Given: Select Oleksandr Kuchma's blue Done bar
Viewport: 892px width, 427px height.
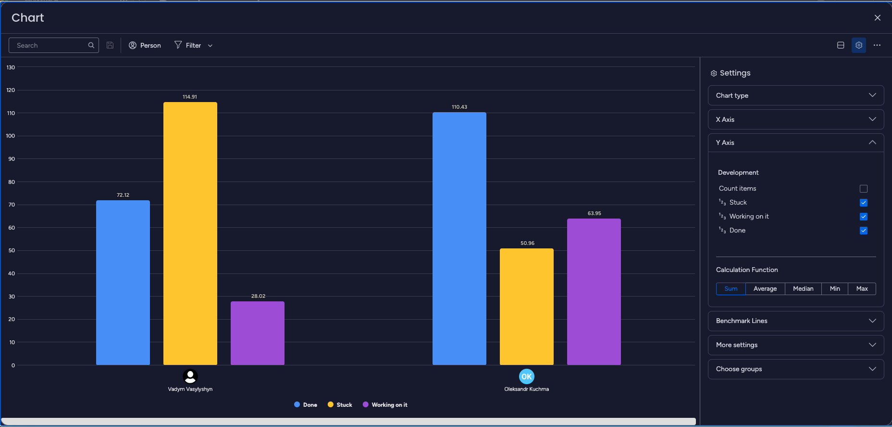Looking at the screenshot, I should coord(459,238).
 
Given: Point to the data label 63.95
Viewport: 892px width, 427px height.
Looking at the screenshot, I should coord(594,213).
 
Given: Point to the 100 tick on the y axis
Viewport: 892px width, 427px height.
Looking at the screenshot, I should coord(11,136).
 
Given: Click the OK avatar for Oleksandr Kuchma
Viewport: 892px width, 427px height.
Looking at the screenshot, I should coord(526,376).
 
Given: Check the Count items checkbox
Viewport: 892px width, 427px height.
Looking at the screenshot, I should coord(864,189).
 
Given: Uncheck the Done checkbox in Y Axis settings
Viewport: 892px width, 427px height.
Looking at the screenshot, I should coord(864,231).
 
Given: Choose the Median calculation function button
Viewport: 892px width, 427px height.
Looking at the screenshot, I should coord(803,289).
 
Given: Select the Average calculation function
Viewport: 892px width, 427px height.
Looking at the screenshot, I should coord(765,289).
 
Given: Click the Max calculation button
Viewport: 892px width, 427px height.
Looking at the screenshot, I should coord(862,289).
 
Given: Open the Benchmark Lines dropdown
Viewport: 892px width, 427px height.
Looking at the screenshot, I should coord(795,321).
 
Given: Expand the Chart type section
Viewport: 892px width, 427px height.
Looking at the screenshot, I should coord(795,95).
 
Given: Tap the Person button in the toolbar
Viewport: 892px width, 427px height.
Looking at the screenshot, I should coord(145,45).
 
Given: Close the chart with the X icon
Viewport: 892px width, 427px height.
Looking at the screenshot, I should coord(878,18).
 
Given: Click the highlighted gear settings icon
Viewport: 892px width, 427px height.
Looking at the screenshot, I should coord(859,45).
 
